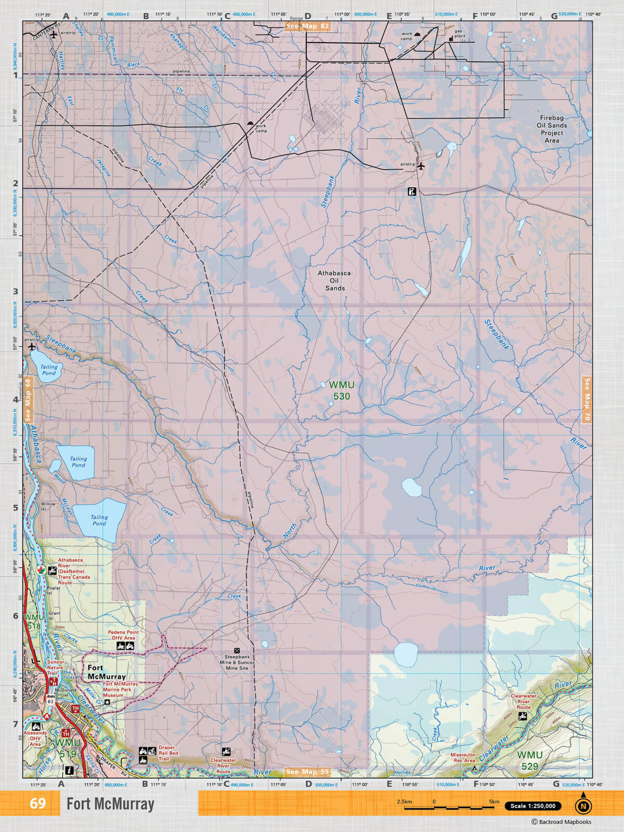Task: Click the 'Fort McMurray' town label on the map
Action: (x=106, y=672)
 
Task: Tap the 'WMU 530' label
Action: (x=341, y=391)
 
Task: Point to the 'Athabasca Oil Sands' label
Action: (x=334, y=280)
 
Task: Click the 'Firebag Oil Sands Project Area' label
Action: (x=552, y=129)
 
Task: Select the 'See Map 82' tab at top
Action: (x=308, y=26)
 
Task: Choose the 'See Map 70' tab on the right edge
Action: (x=587, y=399)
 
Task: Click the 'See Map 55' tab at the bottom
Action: (x=308, y=772)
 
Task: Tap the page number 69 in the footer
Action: (x=37, y=803)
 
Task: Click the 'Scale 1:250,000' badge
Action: (x=532, y=806)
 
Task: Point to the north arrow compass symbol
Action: (x=583, y=805)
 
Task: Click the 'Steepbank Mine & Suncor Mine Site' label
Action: (x=237, y=662)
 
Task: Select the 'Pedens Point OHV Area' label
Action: (x=123, y=635)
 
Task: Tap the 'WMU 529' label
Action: (x=529, y=760)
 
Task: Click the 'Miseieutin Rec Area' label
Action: (x=463, y=758)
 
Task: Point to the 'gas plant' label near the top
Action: (x=460, y=33)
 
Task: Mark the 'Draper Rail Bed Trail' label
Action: (x=167, y=753)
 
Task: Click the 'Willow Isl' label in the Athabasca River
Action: (x=48, y=506)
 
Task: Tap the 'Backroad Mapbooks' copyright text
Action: (x=561, y=822)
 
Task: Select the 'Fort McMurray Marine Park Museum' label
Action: (x=120, y=690)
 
